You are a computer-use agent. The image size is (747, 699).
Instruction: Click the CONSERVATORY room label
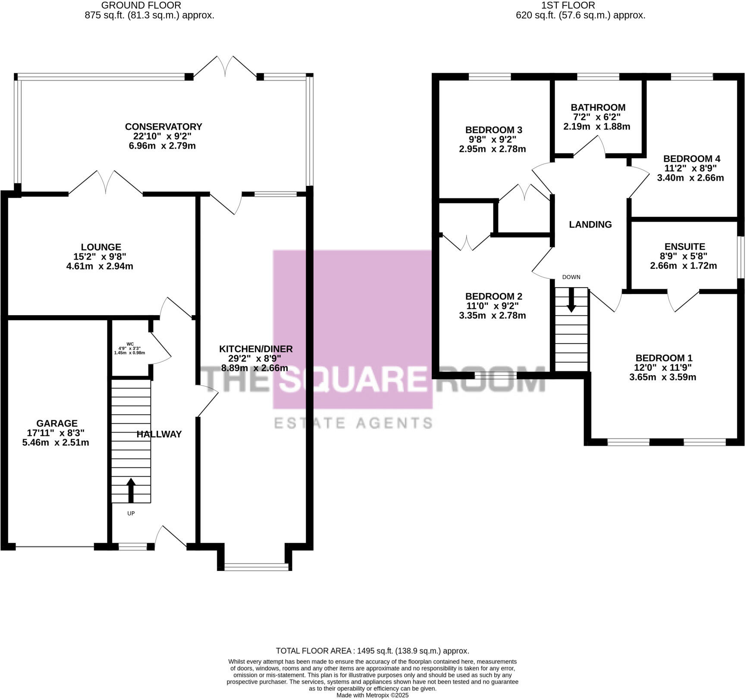pos(163,127)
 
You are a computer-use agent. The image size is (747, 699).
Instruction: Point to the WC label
pos(130,344)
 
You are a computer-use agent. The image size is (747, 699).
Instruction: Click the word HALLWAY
pos(159,434)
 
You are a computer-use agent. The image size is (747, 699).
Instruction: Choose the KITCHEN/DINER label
pos(256,349)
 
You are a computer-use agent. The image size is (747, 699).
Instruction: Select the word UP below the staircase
pos(131,514)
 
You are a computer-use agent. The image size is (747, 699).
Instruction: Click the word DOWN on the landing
pos(571,277)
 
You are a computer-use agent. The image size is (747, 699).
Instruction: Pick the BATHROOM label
pos(598,107)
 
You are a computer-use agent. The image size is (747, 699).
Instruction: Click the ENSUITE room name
pos(684,247)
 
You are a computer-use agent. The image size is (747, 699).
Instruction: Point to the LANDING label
pos(590,224)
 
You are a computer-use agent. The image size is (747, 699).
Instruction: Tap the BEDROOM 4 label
pos(691,159)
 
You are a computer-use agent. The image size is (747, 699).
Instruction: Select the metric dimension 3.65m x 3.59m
pos(662,377)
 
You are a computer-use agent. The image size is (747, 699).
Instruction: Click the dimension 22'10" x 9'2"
pos(162,136)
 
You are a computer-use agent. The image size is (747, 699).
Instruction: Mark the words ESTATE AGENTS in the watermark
pos(353,423)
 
